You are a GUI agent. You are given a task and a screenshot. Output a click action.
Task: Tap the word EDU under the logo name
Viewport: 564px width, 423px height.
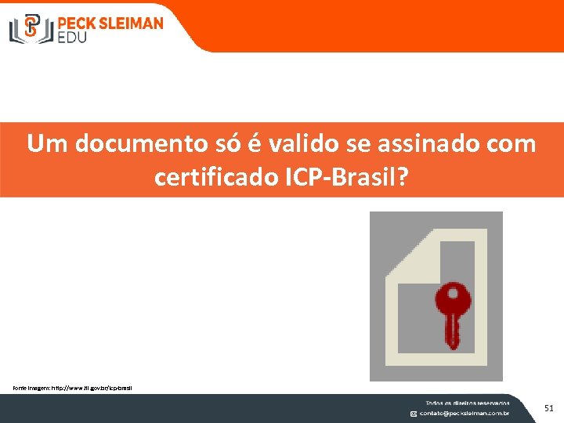73,36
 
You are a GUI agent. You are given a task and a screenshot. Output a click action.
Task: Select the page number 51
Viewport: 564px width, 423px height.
548,407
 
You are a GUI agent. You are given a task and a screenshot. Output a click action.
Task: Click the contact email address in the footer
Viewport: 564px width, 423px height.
465,413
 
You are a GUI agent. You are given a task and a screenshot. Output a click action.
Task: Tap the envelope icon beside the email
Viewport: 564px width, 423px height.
414,413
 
